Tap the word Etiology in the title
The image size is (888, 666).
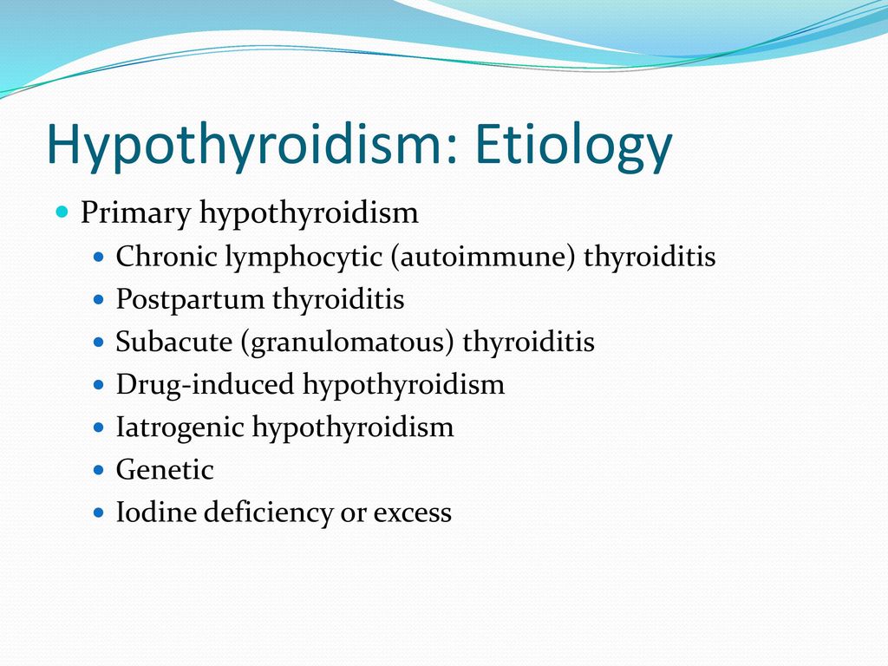point(573,145)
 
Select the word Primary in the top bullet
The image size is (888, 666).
point(135,214)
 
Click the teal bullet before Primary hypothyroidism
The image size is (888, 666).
point(62,212)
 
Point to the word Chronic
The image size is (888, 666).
point(166,256)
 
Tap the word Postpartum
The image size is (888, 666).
point(190,300)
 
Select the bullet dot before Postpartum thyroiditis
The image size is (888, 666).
point(99,299)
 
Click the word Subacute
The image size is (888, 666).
point(173,342)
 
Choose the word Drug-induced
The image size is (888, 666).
point(205,384)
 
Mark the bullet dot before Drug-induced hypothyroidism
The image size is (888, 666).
point(99,385)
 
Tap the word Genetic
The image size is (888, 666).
point(165,470)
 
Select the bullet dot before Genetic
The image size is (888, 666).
point(99,470)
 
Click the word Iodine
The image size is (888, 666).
point(156,512)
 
